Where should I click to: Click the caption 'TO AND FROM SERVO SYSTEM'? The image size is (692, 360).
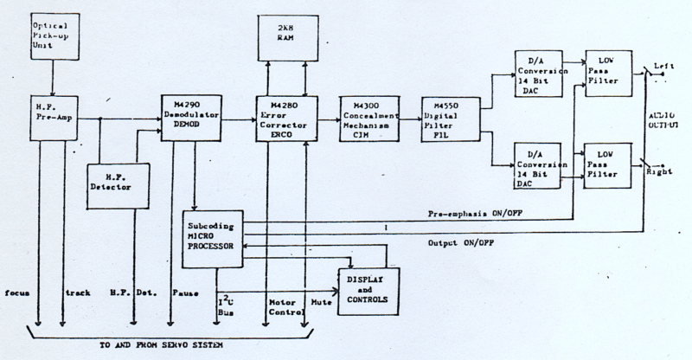point(164,346)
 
